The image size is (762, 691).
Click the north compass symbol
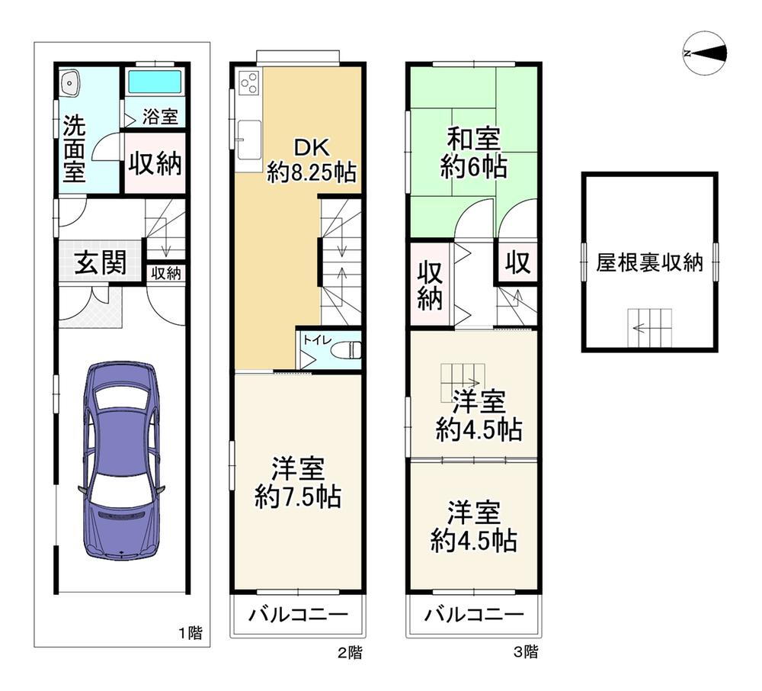[x=705, y=53]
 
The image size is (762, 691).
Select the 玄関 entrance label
[x=101, y=262]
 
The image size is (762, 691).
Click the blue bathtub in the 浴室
[x=155, y=81]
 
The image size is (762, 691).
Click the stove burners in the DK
[x=250, y=82]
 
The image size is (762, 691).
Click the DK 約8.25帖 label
[x=312, y=159]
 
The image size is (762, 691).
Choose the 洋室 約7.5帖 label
[x=298, y=482]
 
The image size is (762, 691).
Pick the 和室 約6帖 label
[x=473, y=153]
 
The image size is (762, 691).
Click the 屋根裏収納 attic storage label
[x=649, y=263]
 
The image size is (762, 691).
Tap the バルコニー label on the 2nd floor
[x=298, y=615]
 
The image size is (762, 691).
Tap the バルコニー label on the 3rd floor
[x=474, y=615]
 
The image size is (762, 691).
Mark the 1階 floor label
[x=190, y=633]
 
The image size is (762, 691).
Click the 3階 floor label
[x=527, y=652]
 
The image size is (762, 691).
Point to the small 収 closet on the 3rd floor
[x=517, y=262]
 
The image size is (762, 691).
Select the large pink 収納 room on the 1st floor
[x=155, y=163]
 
